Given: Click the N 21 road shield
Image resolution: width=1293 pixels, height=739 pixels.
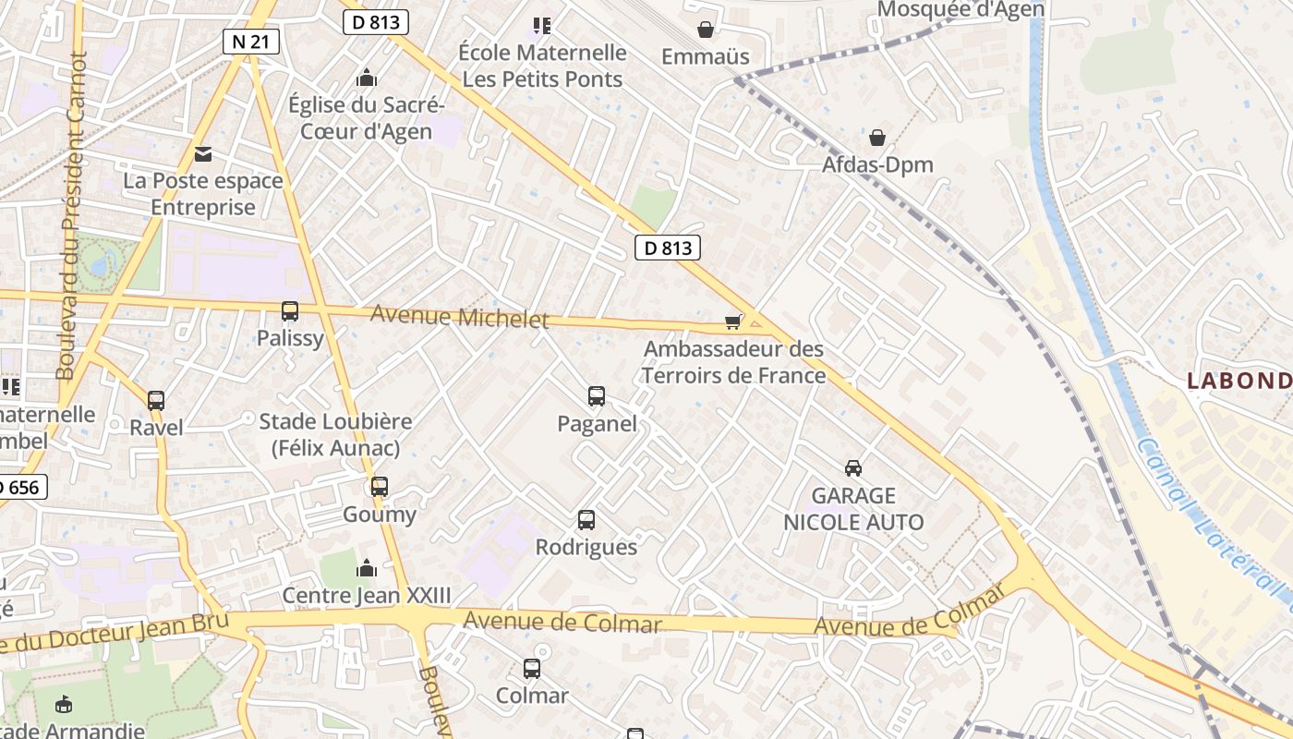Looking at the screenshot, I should [x=250, y=41].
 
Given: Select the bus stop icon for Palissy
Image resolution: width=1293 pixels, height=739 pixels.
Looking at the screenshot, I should [x=290, y=311].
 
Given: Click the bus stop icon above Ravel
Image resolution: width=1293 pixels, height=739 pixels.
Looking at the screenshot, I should [x=156, y=401].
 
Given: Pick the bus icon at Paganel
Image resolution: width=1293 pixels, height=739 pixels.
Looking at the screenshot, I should [x=597, y=396].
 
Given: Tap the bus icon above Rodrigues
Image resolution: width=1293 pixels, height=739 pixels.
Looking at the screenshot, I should [x=586, y=520].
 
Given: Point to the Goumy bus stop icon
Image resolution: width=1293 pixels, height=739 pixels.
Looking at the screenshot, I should [x=379, y=487].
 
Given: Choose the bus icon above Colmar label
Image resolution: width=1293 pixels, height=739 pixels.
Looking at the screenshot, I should [x=532, y=668].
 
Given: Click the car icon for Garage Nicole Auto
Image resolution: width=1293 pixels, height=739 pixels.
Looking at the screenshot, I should [x=853, y=468].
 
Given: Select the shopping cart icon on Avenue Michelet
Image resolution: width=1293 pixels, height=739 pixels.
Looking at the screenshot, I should [x=733, y=321].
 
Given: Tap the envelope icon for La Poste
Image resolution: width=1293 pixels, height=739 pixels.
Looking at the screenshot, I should [x=203, y=153].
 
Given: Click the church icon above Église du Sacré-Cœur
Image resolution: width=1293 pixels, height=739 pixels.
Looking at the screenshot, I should [x=367, y=78].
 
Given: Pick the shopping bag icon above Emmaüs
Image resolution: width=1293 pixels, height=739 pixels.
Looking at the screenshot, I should [x=706, y=30].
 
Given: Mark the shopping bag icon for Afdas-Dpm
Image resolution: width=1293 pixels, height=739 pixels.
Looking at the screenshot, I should [x=877, y=138].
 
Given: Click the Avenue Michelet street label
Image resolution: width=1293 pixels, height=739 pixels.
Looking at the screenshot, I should [x=459, y=317].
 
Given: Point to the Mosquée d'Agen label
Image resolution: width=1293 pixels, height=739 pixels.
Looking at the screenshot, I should [x=961, y=9].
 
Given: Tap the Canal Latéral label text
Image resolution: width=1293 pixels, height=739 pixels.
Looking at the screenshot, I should [x=1210, y=517].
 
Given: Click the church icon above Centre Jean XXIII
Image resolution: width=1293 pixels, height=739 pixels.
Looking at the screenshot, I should [x=367, y=568].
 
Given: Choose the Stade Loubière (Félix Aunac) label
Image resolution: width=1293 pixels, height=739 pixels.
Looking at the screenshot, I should [x=335, y=434].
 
